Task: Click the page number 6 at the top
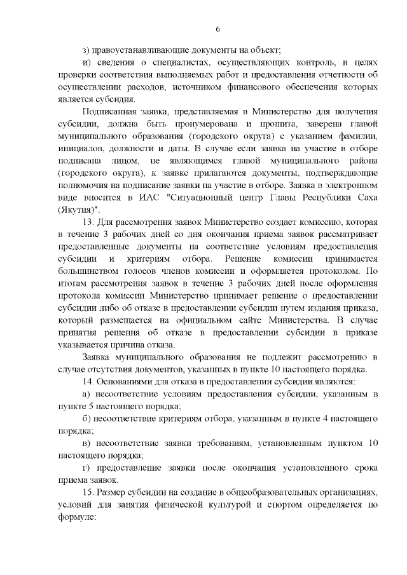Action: click(217, 29)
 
